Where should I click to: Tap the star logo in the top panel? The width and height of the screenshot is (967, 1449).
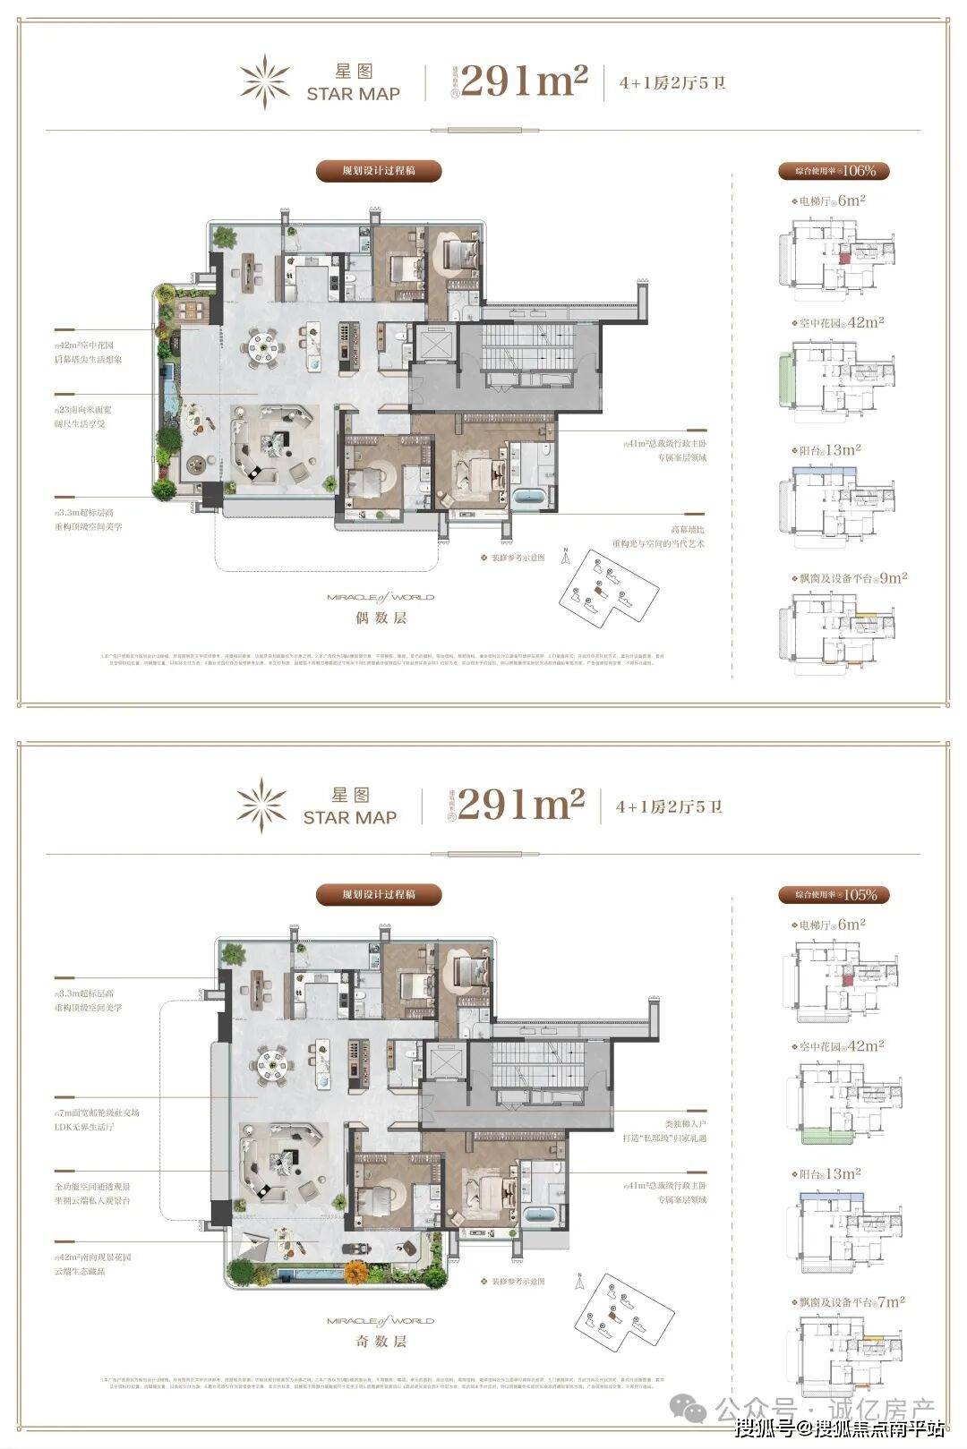264,81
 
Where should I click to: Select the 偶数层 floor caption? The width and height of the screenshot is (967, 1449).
381,618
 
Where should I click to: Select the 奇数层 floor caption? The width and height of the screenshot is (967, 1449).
381,1342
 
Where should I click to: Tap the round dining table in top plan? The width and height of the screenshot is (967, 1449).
264,343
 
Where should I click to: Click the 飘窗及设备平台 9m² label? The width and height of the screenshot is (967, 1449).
849,578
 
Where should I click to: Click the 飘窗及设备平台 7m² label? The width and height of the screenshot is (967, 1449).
847,1302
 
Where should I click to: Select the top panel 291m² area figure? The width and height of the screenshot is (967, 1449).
524,82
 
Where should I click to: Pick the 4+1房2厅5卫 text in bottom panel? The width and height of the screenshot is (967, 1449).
668,806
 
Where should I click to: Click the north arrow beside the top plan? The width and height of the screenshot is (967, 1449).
565,557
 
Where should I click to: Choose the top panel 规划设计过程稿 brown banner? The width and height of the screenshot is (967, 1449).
379,170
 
